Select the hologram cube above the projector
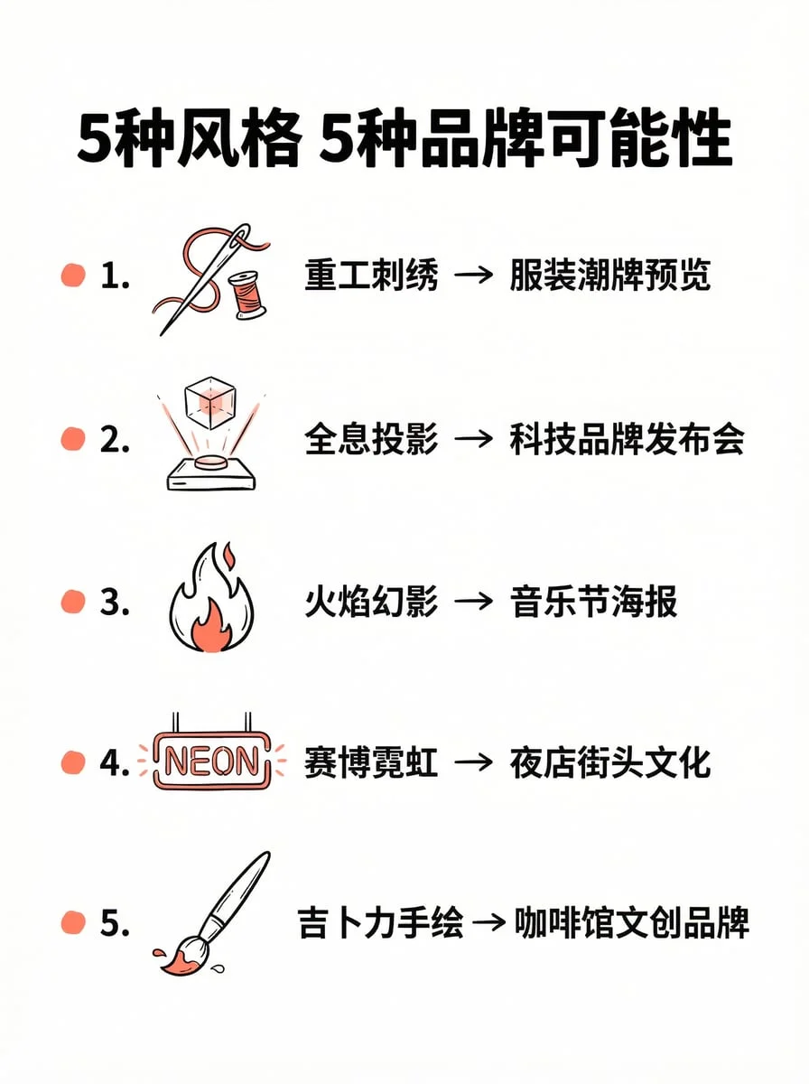pos(209,403)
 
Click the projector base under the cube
pos(211,472)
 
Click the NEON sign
pos(211,761)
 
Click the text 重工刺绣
pos(371,276)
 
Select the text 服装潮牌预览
pos(610,276)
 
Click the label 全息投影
pos(371,440)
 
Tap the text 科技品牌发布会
pos(627,440)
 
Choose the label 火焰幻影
pos(371,602)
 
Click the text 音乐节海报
pos(593,602)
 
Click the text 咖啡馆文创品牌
pos(632,923)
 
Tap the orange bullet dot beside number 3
pos(72,602)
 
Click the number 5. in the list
pos(115,923)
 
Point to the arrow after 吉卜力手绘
pos(488,923)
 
